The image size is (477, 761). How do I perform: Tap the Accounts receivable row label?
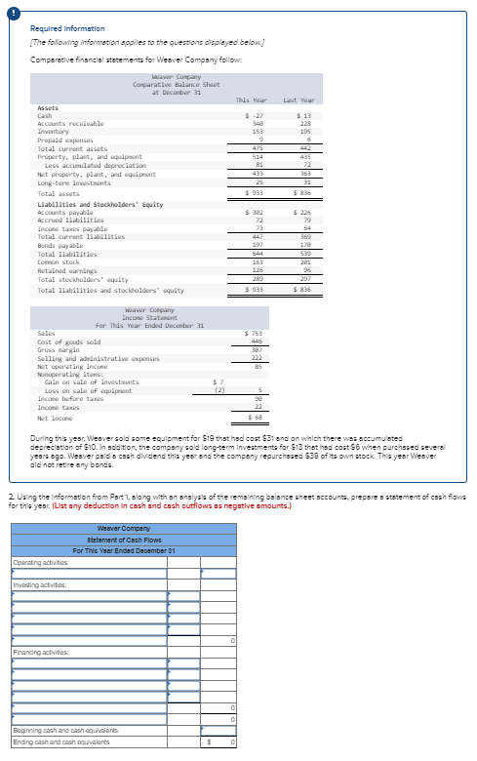pyautogui.click(x=71, y=124)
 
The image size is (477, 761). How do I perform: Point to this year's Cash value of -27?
pyautogui.click(x=258, y=116)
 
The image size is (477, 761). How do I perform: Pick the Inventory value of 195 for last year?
pyautogui.click(x=302, y=132)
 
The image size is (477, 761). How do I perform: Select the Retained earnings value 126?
pyautogui.click(x=258, y=269)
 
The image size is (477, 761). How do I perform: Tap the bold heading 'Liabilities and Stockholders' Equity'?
pyautogui.click(x=99, y=204)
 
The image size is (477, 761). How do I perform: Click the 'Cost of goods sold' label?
pyautogui.click(x=68, y=341)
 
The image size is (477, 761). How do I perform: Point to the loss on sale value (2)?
pyautogui.click(x=220, y=388)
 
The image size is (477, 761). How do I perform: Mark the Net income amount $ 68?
pyautogui.click(x=257, y=417)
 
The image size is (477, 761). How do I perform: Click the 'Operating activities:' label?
pyautogui.click(x=41, y=562)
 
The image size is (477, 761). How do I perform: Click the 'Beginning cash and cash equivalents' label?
pyautogui.click(x=70, y=731)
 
